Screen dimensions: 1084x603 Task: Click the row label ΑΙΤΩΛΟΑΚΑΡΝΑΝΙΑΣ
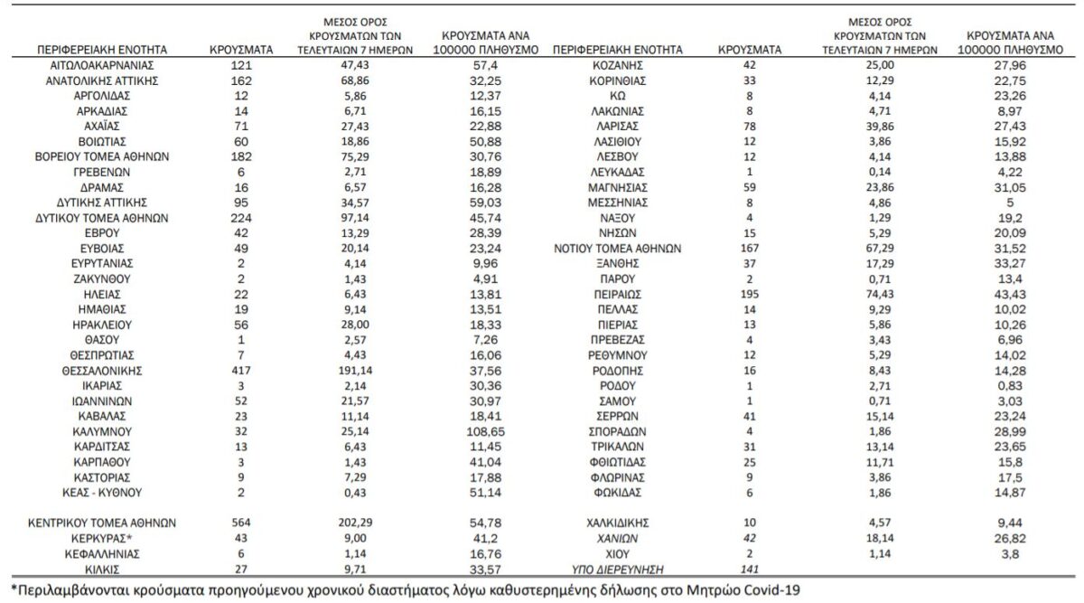[101, 65]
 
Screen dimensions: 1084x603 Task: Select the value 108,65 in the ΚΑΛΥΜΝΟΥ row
[485, 431]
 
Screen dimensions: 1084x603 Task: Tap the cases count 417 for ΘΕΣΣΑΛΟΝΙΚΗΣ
[241, 371]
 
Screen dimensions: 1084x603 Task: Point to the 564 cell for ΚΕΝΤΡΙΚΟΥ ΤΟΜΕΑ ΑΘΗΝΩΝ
[241, 523]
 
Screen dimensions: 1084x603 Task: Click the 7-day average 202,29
[355, 523]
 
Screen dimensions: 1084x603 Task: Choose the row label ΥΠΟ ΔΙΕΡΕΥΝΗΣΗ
[618, 570]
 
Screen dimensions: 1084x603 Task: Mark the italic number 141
[750, 570]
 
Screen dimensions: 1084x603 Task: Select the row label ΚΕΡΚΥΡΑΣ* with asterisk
[101, 539]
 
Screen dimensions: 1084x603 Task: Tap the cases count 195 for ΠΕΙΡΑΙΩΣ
[750, 294]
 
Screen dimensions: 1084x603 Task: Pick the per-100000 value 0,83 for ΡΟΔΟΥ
[1010, 386]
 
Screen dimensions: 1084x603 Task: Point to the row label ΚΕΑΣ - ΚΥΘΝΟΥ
[101, 493]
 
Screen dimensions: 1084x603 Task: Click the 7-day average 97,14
[355, 218]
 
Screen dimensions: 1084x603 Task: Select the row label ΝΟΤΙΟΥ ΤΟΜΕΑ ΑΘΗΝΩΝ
[618, 249]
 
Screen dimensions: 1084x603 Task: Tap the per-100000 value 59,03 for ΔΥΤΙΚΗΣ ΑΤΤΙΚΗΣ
[485, 203]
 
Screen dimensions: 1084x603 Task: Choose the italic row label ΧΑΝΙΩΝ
[618, 539]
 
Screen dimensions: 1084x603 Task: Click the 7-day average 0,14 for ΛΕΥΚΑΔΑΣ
[880, 172]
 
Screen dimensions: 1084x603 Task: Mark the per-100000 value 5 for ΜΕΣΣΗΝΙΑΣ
[1010, 203]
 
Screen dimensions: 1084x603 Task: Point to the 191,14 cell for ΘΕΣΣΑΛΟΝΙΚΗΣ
[355, 371]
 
